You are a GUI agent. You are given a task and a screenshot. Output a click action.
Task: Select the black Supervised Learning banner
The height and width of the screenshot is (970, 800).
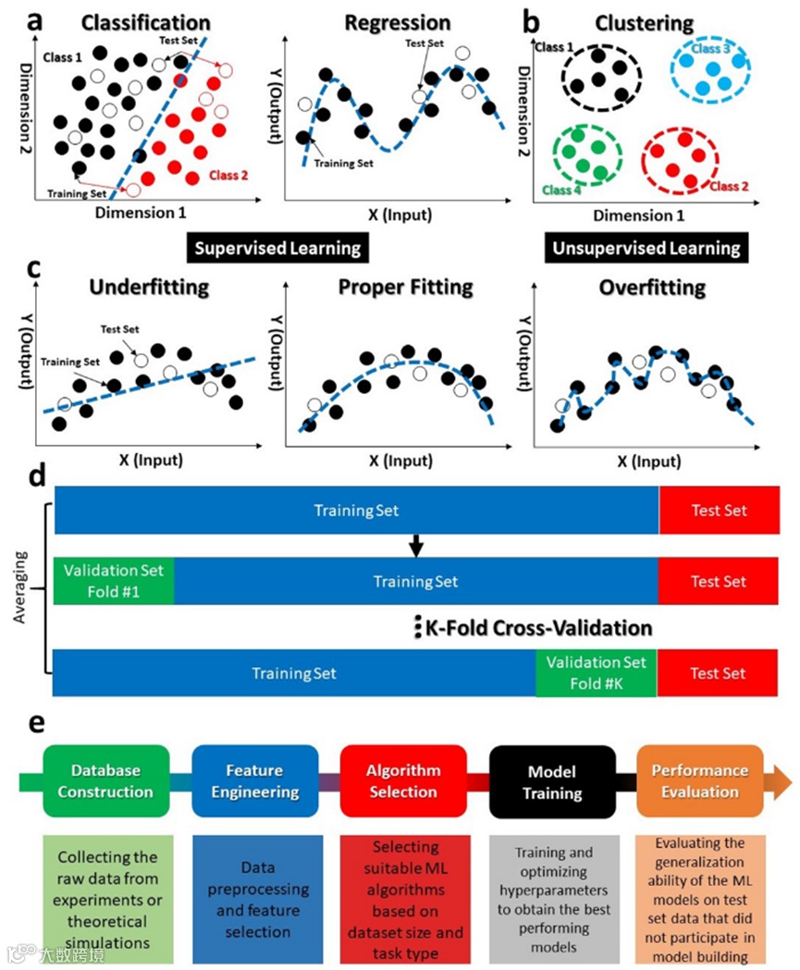[x=277, y=248]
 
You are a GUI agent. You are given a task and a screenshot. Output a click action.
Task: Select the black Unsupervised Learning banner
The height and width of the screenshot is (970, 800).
[x=646, y=248]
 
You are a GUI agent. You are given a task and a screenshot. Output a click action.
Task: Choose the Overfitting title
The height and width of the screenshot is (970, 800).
[x=652, y=288]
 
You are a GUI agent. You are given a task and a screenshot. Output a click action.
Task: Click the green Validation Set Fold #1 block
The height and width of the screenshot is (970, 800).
[x=114, y=582]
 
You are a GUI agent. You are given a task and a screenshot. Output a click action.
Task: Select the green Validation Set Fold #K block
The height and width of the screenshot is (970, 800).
[x=596, y=672]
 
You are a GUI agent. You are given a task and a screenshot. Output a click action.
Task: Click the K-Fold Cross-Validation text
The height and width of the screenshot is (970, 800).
[x=538, y=628]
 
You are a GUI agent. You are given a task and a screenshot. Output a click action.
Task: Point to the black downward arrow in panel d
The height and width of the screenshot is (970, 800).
[x=415, y=547]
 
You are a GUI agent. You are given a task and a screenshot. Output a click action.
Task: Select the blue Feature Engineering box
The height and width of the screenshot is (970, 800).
[x=255, y=781]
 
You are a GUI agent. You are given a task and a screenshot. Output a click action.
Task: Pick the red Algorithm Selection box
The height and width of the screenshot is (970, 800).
[x=403, y=781]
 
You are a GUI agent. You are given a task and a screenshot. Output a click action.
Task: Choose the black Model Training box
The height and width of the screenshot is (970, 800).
[x=551, y=781]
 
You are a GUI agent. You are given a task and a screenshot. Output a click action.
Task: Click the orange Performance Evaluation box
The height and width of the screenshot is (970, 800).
[x=700, y=781]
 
